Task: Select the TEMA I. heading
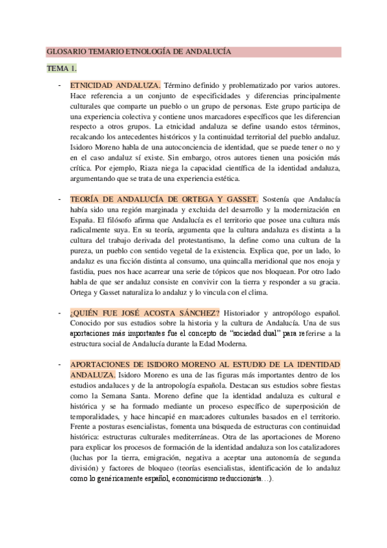tap(61, 68)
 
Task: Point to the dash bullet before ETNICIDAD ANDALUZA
tap(60, 85)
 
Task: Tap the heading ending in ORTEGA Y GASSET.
tap(164, 199)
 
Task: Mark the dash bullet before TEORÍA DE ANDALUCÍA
tap(60, 199)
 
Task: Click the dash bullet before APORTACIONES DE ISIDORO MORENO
tap(60, 364)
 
